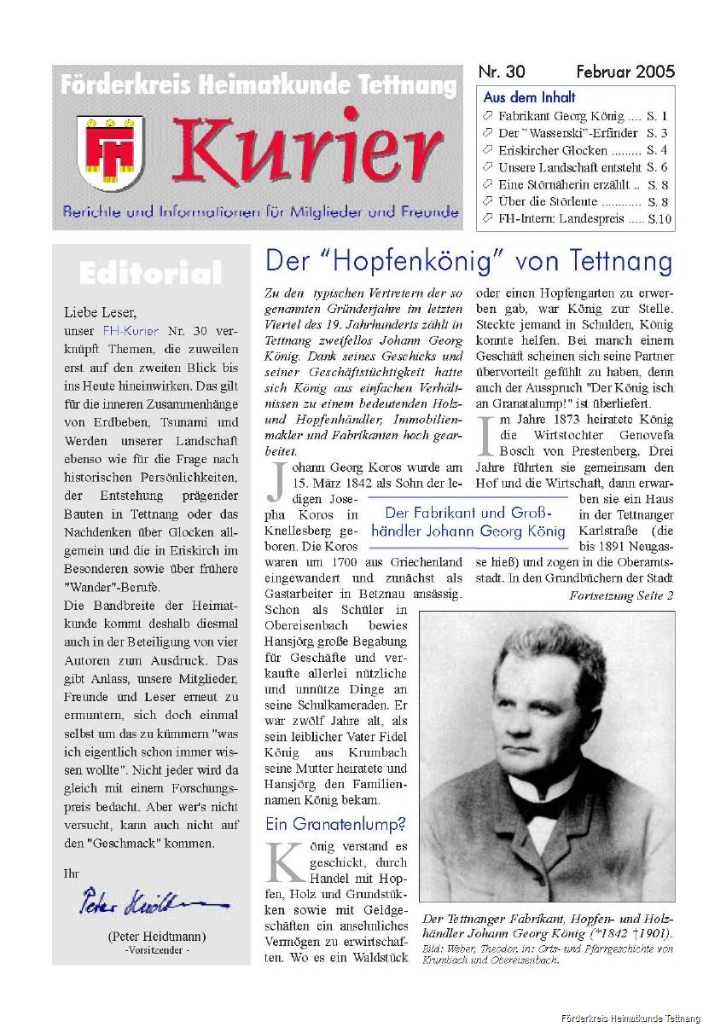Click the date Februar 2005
[x=625, y=72]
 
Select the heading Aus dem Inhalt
[x=529, y=97]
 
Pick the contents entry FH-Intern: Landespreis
[x=561, y=218]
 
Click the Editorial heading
[x=150, y=274]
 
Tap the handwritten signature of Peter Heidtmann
[x=148, y=900]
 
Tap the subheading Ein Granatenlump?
[x=335, y=824]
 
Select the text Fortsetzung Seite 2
[x=621, y=595]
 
